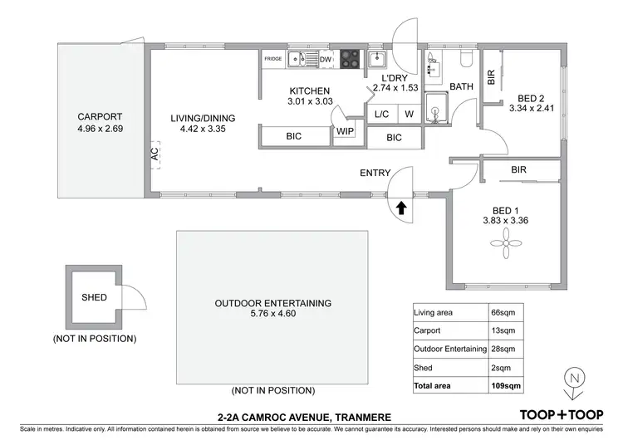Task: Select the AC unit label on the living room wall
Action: click(155, 154)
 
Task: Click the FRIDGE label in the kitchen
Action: click(273, 59)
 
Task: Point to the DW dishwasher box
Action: click(326, 59)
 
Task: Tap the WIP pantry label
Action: click(345, 132)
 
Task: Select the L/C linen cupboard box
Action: click(381, 115)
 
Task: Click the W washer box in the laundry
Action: click(409, 115)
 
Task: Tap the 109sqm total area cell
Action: click(507, 386)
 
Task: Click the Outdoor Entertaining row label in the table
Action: click(449, 349)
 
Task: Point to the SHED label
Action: click(94, 297)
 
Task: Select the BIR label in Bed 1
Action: click(519, 169)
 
